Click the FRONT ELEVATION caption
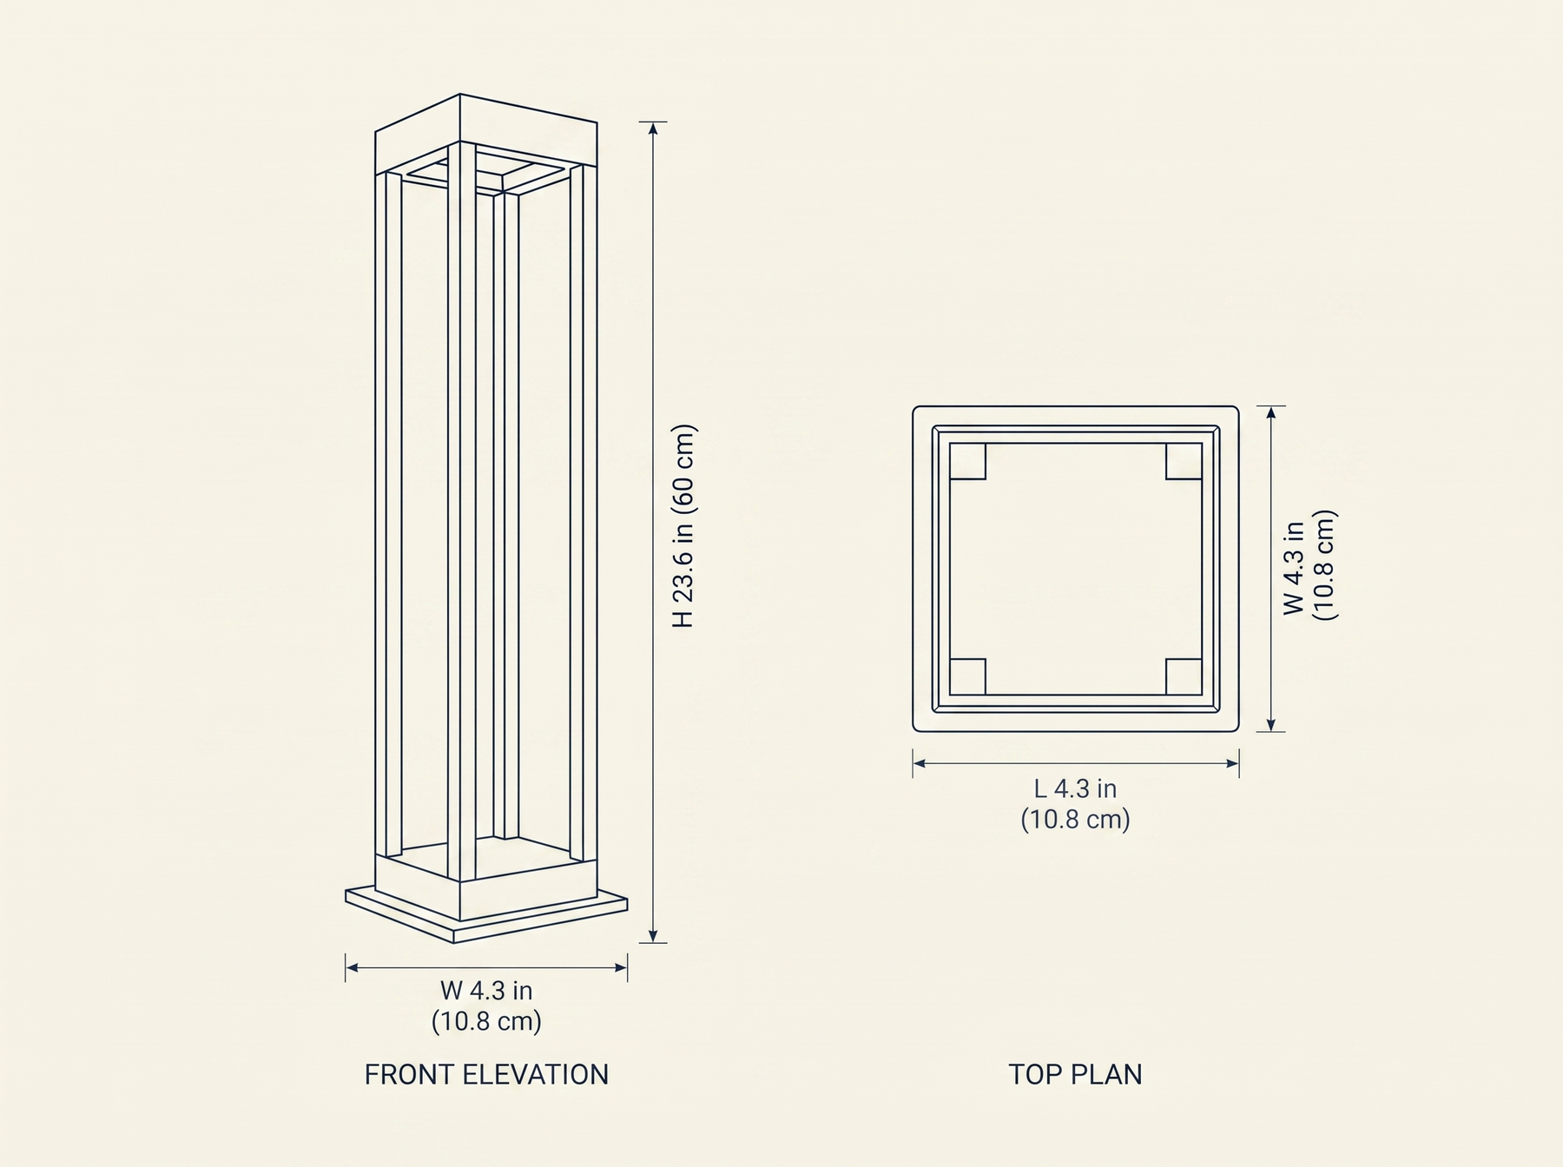click(486, 1075)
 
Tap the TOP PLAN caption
click(1075, 1075)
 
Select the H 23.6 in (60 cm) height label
click(685, 526)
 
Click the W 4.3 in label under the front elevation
click(486, 990)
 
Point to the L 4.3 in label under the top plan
click(1075, 788)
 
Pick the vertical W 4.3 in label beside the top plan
click(1294, 569)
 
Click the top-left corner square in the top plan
click(968, 461)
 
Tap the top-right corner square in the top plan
click(1184, 461)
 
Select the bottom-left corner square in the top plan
click(968, 676)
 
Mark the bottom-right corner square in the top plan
click(1184, 676)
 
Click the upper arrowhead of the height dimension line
click(653, 129)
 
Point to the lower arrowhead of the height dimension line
click(653, 936)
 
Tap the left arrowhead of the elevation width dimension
click(353, 966)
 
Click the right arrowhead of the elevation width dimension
click(620, 966)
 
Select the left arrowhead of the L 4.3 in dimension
click(920, 763)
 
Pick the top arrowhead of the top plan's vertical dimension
click(1270, 413)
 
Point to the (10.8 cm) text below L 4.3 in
click(1075, 820)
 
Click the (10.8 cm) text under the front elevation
click(486, 1021)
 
